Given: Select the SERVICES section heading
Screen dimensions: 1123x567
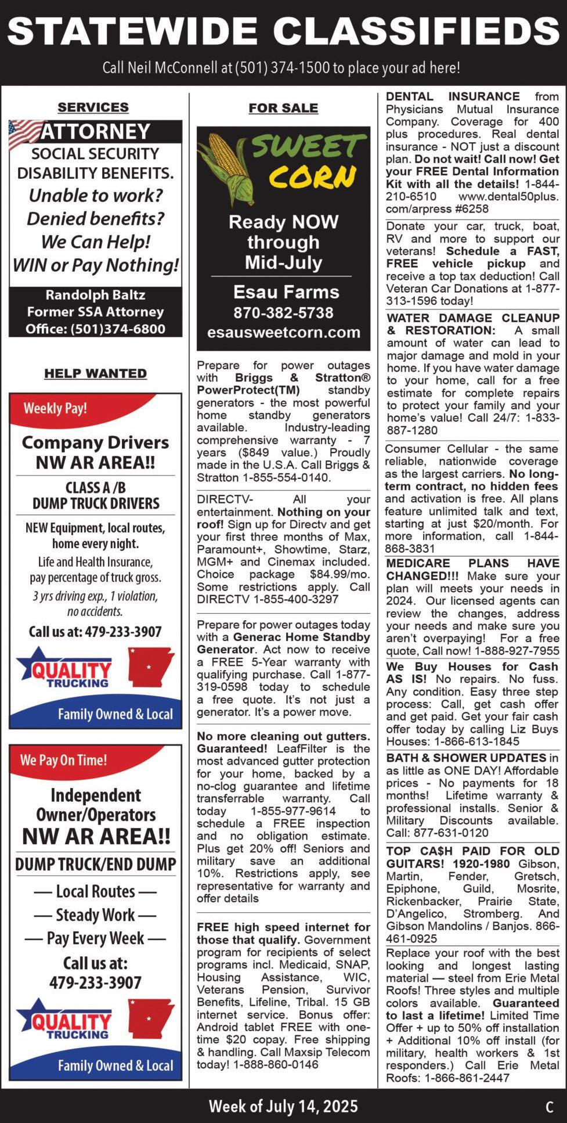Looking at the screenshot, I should tap(93, 107).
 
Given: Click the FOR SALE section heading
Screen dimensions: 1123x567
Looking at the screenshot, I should tap(283, 108).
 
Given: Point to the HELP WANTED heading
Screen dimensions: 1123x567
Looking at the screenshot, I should tap(95, 373).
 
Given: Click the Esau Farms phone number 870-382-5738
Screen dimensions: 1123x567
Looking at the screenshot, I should tap(283, 313).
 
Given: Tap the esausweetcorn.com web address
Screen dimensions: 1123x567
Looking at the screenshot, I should tap(283, 333).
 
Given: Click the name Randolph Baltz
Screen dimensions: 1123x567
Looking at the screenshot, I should tap(95, 295).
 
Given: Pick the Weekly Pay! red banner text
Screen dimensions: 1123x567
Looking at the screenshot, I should tap(55, 408).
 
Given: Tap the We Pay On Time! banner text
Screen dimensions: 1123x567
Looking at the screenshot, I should tap(63, 760).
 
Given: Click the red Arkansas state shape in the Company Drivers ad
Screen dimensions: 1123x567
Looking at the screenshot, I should tap(150, 667).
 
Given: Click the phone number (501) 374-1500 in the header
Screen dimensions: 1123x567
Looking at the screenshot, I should tap(282, 68).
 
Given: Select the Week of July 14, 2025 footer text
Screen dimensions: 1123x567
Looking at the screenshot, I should tap(283, 1106).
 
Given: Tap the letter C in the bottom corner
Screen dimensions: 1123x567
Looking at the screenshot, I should tap(549, 1107).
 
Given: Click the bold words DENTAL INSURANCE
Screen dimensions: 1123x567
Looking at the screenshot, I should tap(453, 96).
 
